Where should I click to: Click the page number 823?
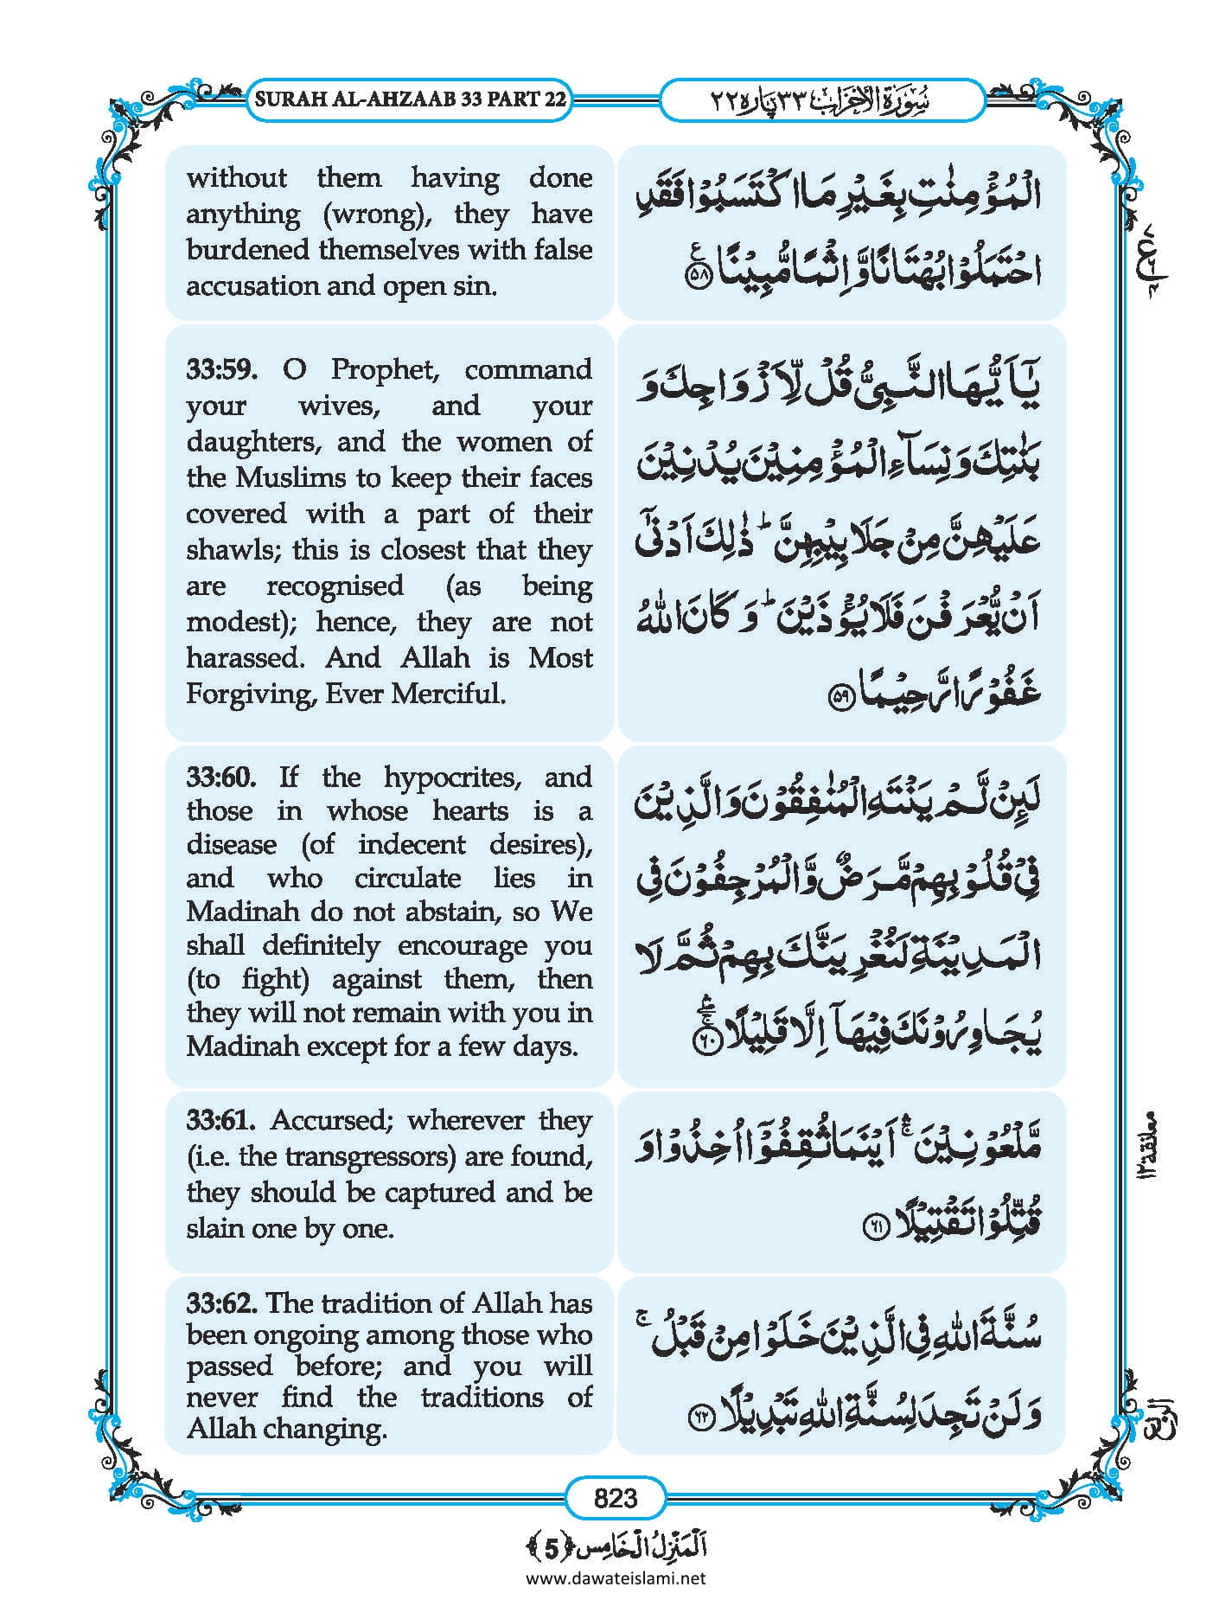point(616,1497)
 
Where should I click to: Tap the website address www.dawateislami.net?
point(616,1578)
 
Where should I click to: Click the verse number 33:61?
point(220,1120)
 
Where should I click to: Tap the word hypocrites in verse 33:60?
point(452,777)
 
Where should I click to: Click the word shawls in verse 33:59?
point(231,550)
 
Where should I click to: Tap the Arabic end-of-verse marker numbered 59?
point(842,698)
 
